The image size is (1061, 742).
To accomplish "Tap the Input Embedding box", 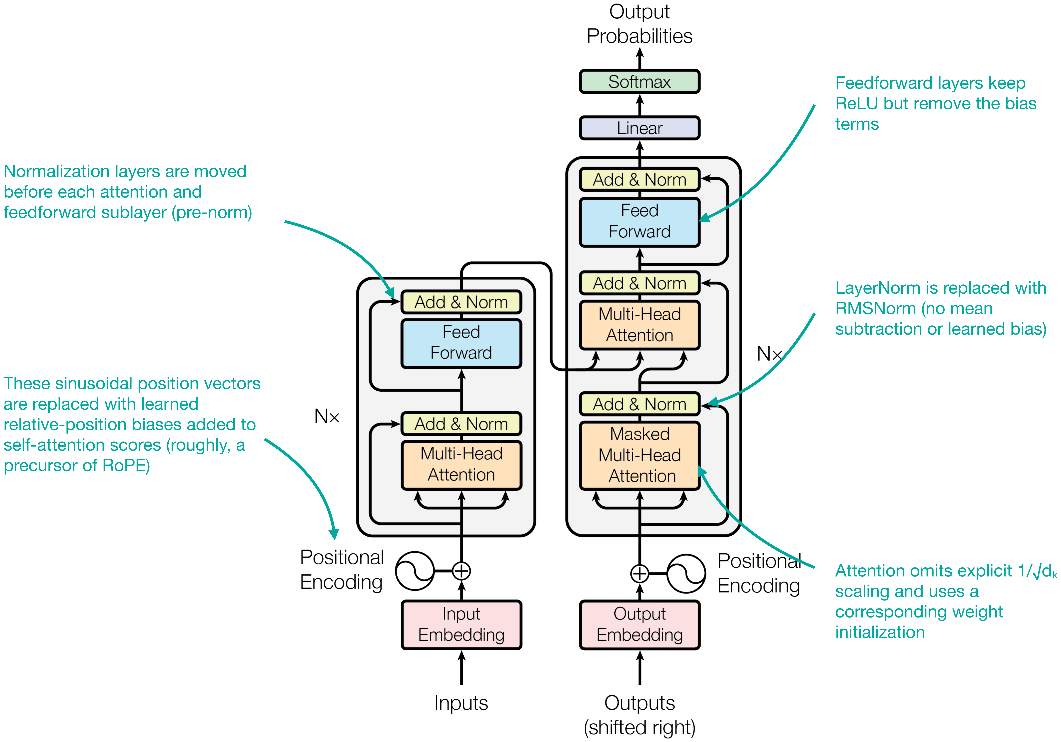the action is [461, 625].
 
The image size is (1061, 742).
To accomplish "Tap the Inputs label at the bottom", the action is [461, 703].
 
